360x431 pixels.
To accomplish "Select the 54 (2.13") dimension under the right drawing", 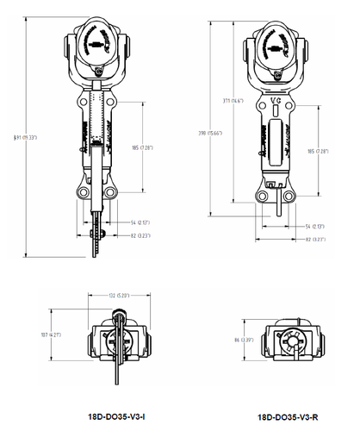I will coord(316,227).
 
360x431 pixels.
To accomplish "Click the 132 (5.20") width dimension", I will coord(117,296).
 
